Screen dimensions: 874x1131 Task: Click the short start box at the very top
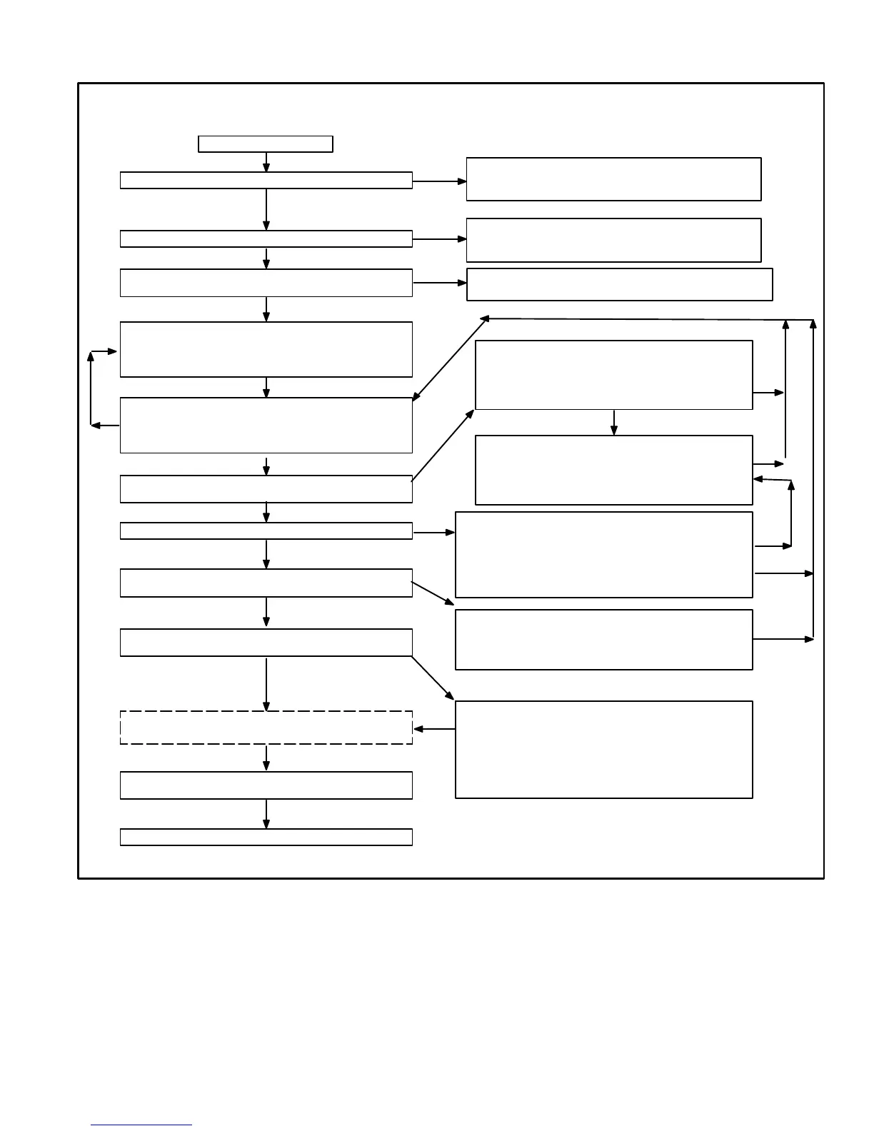(x=265, y=144)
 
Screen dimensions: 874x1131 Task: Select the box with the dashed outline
(x=266, y=728)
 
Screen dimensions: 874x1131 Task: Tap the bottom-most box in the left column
(x=266, y=837)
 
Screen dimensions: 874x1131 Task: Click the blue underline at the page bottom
(x=141, y=1125)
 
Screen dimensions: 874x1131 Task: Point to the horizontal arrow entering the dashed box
(x=434, y=729)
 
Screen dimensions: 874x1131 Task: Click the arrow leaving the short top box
(x=266, y=162)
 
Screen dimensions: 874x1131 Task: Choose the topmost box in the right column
(x=613, y=179)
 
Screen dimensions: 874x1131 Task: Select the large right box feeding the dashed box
(x=603, y=749)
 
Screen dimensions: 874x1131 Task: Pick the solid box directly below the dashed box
(x=266, y=785)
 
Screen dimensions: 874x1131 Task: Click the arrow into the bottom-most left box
(x=266, y=814)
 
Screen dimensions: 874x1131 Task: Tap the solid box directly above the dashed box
(x=266, y=642)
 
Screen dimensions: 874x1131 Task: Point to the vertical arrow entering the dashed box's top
(x=266, y=684)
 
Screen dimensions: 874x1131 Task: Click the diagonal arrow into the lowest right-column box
(x=433, y=678)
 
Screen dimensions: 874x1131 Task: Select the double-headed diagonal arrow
(x=450, y=358)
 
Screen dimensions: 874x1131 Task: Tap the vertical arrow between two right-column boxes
(x=613, y=422)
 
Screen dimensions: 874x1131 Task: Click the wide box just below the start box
(x=266, y=180)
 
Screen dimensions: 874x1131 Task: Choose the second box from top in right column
(x=613, y=240)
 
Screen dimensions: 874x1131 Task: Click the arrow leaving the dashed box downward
(x=266, y=758)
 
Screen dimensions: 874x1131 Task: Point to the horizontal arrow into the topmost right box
(x=439, y=181)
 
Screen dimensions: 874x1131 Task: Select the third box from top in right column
(x=619, y=284)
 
